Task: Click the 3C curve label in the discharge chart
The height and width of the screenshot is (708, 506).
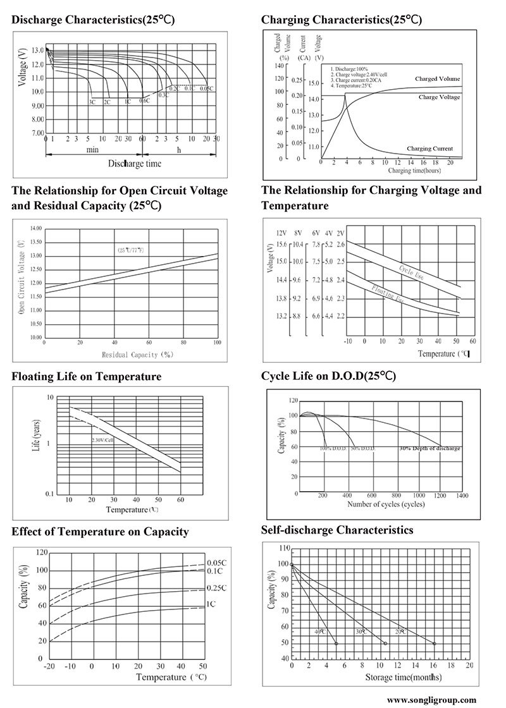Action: tap(92, 102)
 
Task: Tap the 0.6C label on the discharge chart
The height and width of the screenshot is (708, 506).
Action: tap(144, 101)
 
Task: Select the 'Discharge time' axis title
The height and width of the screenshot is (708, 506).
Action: tap(134, 164)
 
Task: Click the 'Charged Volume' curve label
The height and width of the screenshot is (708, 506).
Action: tap(438, 79)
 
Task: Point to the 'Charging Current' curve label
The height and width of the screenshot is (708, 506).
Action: tap(429, 149)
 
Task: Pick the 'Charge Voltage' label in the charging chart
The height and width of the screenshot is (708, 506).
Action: tap(439, 97)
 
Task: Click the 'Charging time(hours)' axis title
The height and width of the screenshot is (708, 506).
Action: tap(414, 171)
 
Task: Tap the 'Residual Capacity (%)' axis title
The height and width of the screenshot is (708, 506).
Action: tap(137, 355)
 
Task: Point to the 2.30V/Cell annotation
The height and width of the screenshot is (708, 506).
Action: tap(103, 439)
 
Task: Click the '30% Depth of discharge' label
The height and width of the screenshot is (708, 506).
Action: tap(429, 448)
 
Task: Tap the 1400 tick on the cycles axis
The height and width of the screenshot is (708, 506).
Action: tap(462, 496)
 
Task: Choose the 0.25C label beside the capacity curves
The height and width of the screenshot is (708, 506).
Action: tap(216, 588)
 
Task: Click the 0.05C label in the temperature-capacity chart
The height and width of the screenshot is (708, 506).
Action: tap(216, 563)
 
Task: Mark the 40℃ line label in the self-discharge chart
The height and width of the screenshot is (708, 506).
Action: tap(321, 632)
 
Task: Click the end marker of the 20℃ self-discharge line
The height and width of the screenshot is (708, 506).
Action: tap(435, 644)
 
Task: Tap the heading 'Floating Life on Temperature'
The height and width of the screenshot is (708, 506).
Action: tap(87, 377)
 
